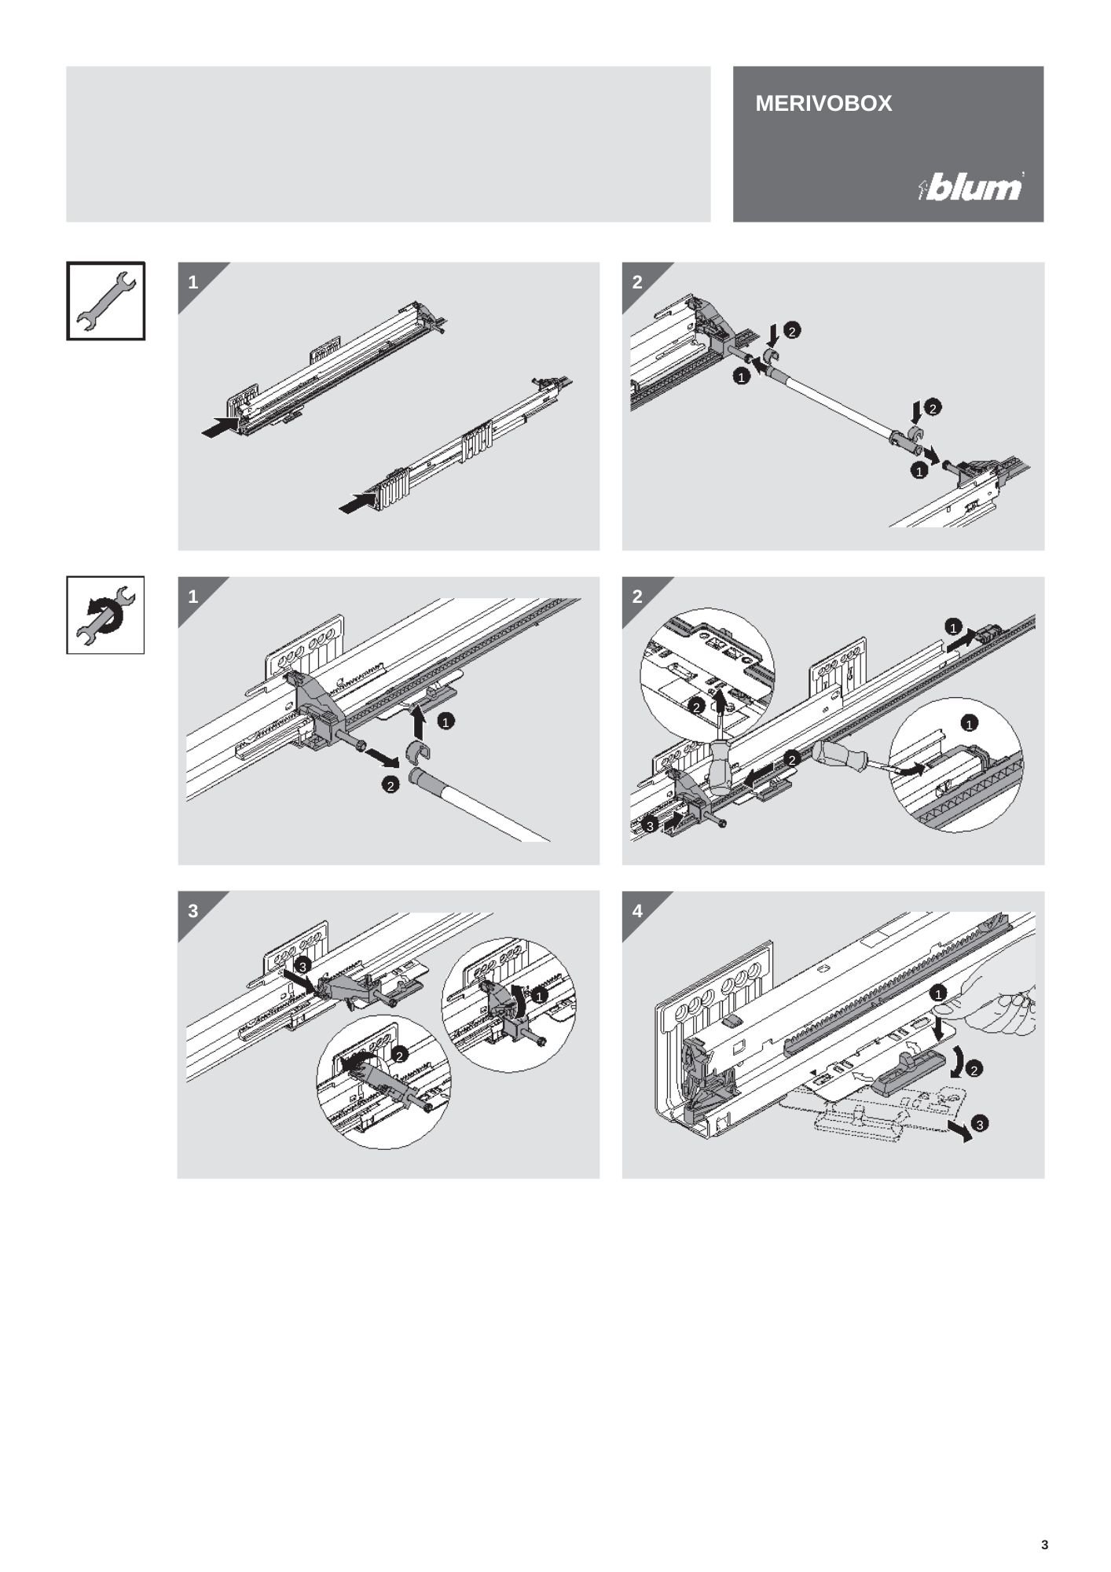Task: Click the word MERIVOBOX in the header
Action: [x=823, y=104]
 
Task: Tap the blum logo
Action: [x=971, y=187]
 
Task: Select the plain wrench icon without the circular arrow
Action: [x=105, y=301]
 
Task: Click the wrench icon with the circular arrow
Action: [x=105, y=615]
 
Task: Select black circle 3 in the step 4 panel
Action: [x=979, y=1124]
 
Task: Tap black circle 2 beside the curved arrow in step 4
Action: [x=974, y=1069]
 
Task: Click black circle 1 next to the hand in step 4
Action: [x=938, y=994]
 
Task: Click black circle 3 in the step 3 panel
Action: [x=302, y=965]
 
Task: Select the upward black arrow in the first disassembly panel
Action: [x=419, y=721]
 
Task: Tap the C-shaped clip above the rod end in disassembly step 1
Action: [x=420, y=752]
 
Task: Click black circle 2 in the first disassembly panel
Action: [x=390, y=784]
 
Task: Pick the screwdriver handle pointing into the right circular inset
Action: [x=841, y=755]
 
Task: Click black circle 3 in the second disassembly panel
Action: [x=650, y=826]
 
